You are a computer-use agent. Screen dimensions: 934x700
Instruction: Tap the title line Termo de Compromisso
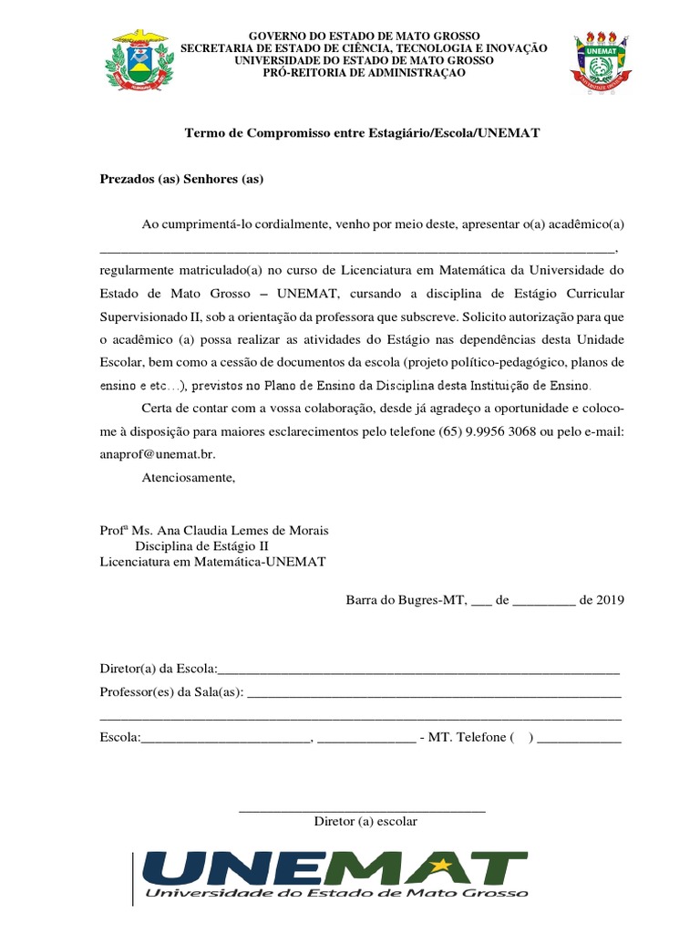(x=363, y=132)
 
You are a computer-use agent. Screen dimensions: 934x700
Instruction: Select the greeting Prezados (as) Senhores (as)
(x=181, y=179)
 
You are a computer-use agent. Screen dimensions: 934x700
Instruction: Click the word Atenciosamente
(x=189, y=476)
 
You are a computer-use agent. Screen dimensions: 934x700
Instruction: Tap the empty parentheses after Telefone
(x=522, y=737)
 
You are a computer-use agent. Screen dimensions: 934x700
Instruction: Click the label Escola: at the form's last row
(x=119, y=737)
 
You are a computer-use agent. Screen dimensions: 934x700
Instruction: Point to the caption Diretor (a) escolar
(x=365, y=821)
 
